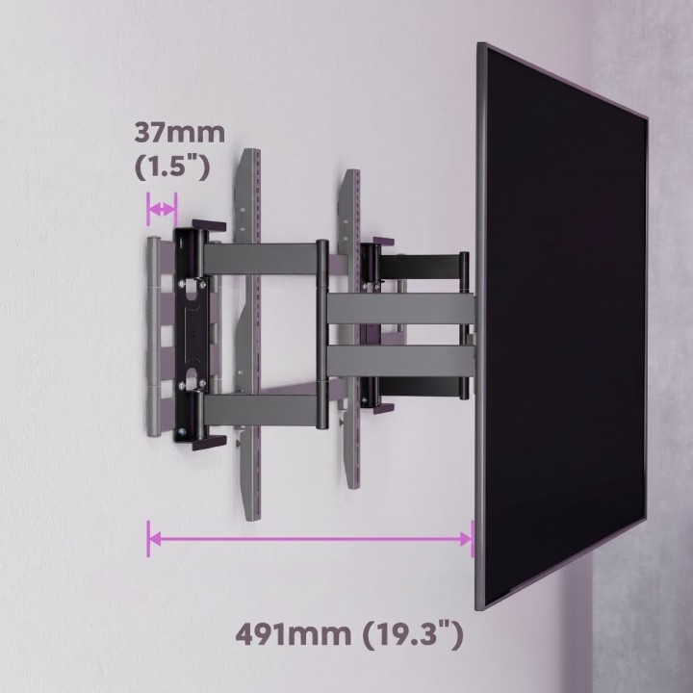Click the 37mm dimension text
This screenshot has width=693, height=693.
pyautogui.click(x=179, y=133)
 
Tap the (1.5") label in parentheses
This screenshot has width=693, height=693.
pyautogui.click(x=172, y=167)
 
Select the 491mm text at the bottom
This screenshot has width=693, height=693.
pyautogui.click(x=293, y=634)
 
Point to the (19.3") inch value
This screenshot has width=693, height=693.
pyautogui.click(x=413, y=635)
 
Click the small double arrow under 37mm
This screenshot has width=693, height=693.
pyautogui.click(x=163, y=209)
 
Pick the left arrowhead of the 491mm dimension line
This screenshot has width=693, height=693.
pyautogui.click(x=153, y=539)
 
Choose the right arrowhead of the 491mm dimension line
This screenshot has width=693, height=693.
pyautogui.click(x=466, y=539)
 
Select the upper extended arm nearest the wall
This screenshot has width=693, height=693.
pyautogui.click(x=261, y=259)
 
